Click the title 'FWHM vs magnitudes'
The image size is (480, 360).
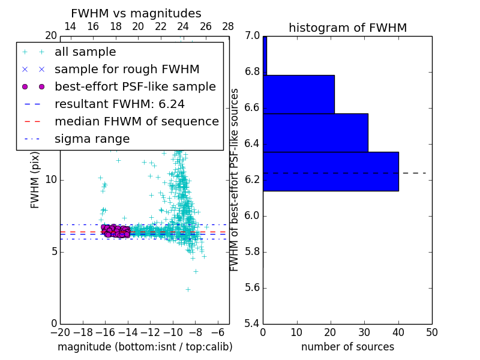pos(136,13)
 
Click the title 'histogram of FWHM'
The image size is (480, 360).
pos(347,28)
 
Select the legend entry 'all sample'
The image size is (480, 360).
pos(85,52)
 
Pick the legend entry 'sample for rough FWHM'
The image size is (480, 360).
pos(127,70)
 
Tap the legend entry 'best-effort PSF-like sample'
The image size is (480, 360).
pos(135,87)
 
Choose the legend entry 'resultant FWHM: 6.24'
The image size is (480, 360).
pos(119,104)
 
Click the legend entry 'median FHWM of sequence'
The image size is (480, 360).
pos(136,122)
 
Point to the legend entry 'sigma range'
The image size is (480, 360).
pos(92,139)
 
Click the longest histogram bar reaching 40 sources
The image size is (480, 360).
pos(331,172)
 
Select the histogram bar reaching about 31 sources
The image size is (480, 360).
pos(315,133)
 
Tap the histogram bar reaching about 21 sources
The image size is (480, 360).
pos(298,94)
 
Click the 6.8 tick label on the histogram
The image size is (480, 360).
pos(251,72)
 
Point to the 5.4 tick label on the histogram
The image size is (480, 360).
pos(251,324)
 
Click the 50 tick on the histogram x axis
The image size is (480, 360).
pos(432,332)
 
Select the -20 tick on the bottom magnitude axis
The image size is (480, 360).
pos(60,332)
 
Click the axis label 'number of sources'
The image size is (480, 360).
pos(347,347)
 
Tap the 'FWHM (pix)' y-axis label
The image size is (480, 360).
pos(35,180)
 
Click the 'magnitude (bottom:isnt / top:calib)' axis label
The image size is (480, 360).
pos(145,347)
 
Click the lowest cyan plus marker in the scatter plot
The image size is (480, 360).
pos(187,289)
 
